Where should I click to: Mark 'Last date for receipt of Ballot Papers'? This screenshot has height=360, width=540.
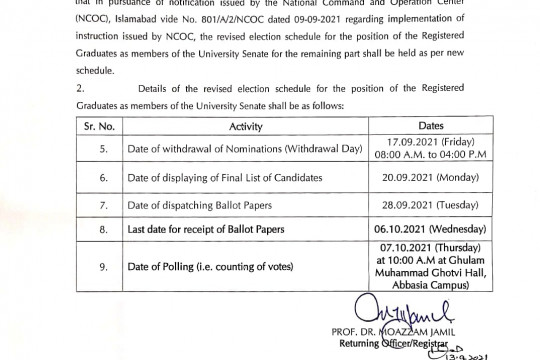tap(228, 230)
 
